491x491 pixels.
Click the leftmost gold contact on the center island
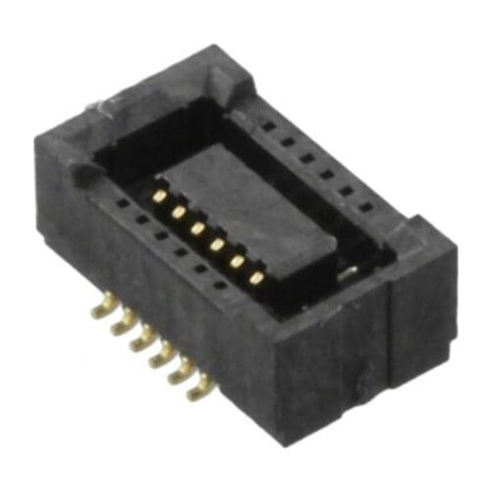tap(158, 195)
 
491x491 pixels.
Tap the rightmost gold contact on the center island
tap(256, 278)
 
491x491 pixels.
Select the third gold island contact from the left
tap(197, 228)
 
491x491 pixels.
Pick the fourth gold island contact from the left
tap(217, 245)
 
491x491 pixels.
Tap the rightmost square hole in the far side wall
tap(365, 207)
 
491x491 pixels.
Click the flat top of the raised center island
tap(245, 201)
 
